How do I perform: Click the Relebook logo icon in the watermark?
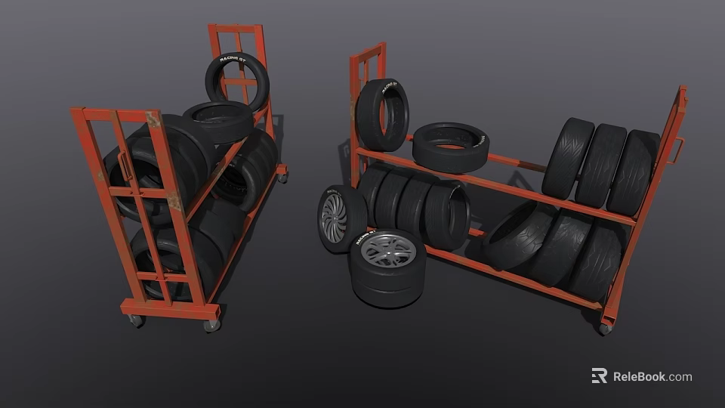point(599,376)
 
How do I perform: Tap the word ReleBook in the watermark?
point(638,376)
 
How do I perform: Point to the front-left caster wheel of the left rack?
point(137,320)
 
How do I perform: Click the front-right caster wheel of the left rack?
point(211,325)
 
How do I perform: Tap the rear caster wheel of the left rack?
point(282,177)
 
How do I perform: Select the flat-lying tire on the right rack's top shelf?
point(451,146)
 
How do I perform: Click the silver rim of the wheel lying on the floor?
point(387,251)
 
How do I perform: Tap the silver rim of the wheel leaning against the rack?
point(333,218)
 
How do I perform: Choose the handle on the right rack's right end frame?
point(677,150)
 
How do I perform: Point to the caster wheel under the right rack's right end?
point(604,329)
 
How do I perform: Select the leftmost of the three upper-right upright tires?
point(567,157)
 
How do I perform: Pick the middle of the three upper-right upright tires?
point(600,165)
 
